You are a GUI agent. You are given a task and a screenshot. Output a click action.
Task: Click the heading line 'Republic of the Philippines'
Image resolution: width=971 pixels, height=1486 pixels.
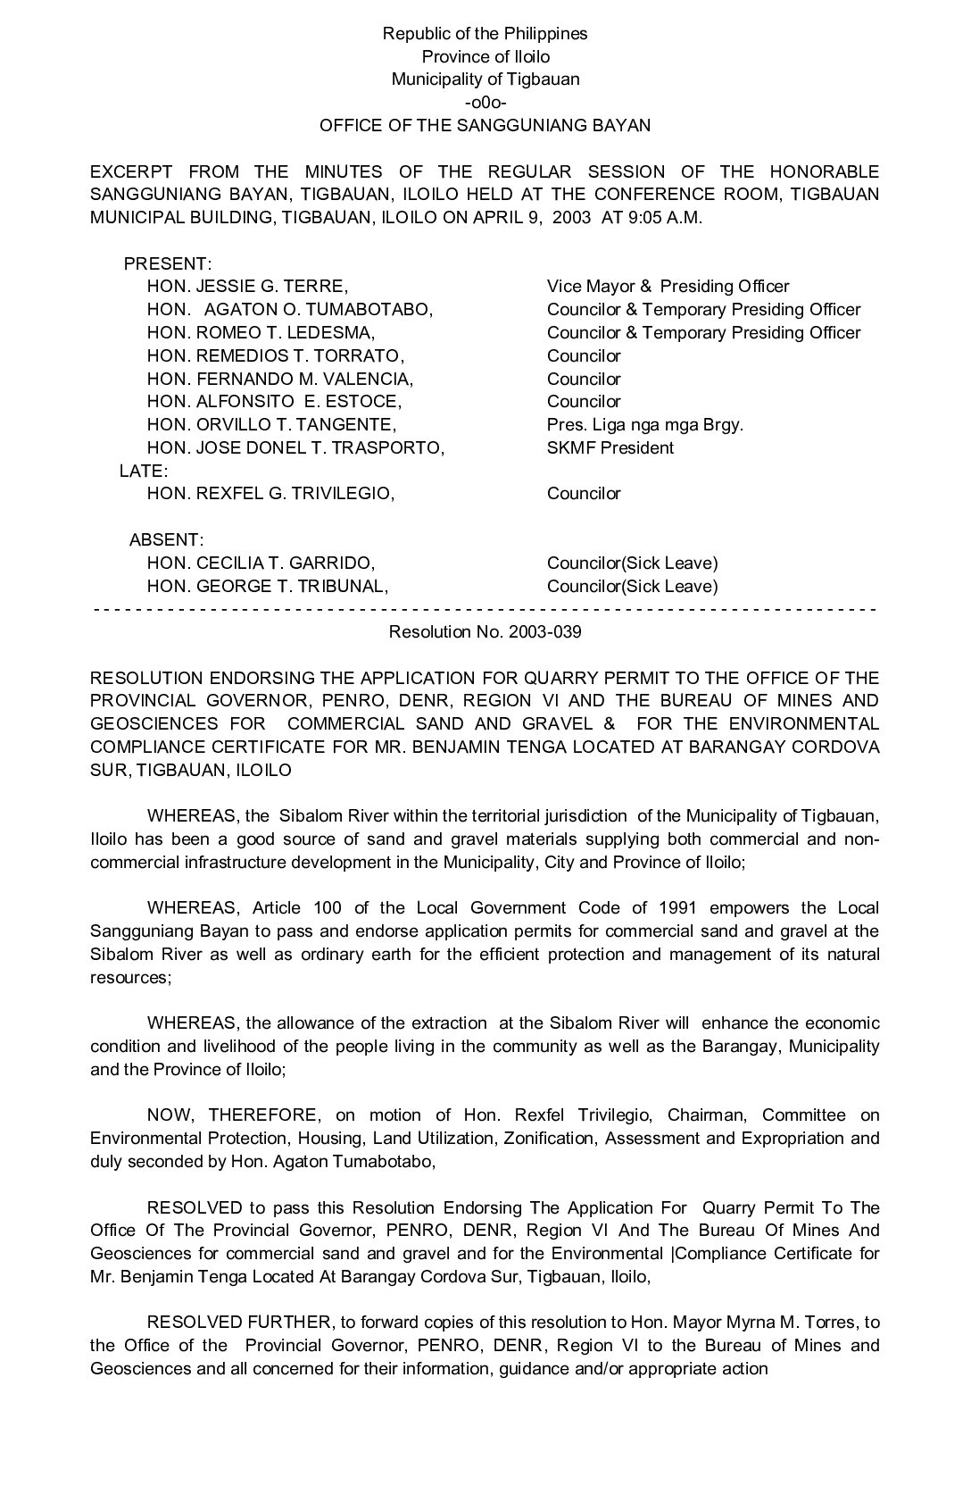[485, 34]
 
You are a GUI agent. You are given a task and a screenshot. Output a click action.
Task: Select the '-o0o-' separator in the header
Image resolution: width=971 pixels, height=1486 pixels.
[485, 102]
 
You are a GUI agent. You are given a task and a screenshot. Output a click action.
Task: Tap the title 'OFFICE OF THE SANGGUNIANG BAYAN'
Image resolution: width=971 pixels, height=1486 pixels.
[485, 125]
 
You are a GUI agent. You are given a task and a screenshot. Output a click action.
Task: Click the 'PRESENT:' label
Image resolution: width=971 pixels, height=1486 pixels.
[167, 263]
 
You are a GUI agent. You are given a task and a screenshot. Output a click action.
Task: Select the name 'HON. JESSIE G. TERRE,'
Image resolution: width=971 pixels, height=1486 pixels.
[247, 287]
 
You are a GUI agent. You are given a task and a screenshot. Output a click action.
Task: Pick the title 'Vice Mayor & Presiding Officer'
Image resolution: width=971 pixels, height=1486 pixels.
[668, 287]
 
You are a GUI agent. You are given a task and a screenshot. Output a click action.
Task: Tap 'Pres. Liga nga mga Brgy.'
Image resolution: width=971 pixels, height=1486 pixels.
[644, 425]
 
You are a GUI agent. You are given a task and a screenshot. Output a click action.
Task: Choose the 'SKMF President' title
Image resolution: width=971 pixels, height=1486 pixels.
[610, 448]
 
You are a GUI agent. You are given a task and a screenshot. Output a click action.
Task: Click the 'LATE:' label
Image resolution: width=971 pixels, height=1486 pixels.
[143, 471]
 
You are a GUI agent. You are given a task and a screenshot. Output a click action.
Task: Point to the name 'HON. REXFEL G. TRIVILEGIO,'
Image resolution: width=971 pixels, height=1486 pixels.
[270, 494]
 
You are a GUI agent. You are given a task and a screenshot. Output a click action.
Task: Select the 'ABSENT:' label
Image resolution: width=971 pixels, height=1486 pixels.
[166, 539]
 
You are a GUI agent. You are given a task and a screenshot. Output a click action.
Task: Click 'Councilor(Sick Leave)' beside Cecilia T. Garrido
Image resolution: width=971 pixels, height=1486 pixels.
[632, 564]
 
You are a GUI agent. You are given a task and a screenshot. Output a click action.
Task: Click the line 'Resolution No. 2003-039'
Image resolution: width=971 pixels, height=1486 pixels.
[485, 632]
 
